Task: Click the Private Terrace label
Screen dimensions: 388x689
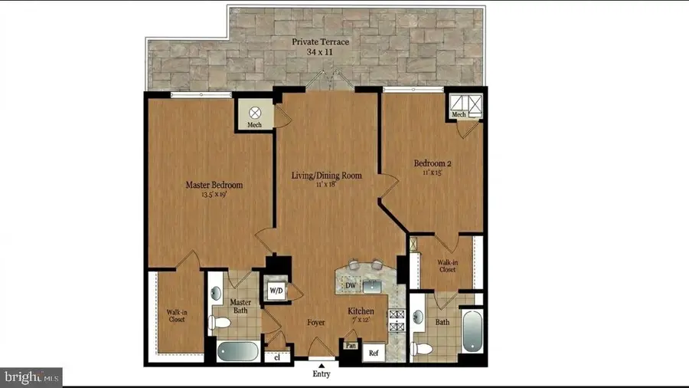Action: (x=322, y=41)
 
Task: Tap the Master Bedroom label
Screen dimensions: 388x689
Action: (x=214, y=185)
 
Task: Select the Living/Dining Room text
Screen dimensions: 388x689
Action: (x=326, y=176)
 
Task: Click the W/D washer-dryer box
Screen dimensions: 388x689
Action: (x=276, y=291)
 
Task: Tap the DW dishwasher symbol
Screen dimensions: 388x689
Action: (x=350, y=285)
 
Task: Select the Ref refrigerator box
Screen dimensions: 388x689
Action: (x=374, y=353)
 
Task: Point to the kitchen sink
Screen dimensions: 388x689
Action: (x=374, y=286)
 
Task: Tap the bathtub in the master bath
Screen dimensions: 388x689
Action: (x=240, y=352)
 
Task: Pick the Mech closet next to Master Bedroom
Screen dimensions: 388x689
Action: (x=253, y=114)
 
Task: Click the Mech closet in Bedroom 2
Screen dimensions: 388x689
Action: (x=464, y=105)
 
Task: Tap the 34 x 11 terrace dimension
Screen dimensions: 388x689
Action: (x=322, y=52)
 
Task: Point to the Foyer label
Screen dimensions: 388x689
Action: (x=315, y=323)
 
